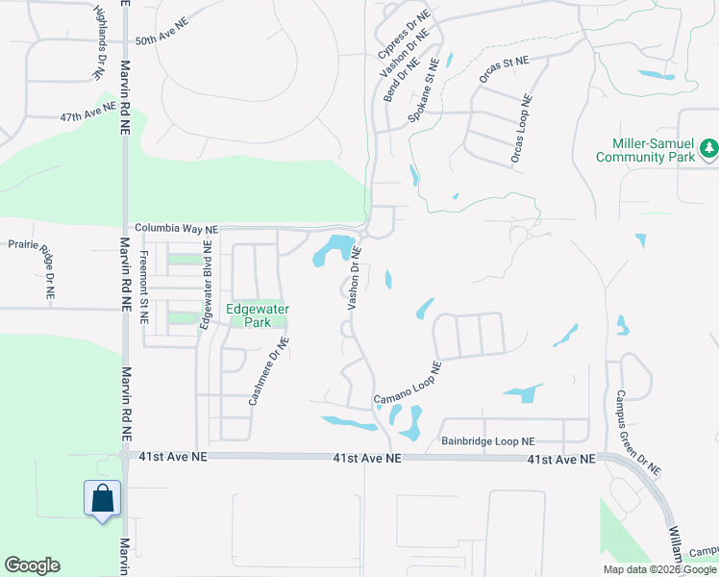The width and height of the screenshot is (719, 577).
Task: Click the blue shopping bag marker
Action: [103, 499]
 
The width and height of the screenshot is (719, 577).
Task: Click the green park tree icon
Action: [708, 148]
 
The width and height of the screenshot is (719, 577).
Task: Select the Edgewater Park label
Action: [257, 315]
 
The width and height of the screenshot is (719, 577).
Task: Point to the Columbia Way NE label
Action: [176, 229]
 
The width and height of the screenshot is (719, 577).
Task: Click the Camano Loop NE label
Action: [408, 384]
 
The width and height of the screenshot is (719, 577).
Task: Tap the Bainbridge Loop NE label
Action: [487, 441]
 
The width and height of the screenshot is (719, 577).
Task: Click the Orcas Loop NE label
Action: [520, 128]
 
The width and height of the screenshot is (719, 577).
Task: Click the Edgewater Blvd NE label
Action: [205, 286]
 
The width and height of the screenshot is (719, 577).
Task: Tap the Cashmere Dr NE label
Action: [269, 369]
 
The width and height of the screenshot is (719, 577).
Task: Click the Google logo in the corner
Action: [32, 565]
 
